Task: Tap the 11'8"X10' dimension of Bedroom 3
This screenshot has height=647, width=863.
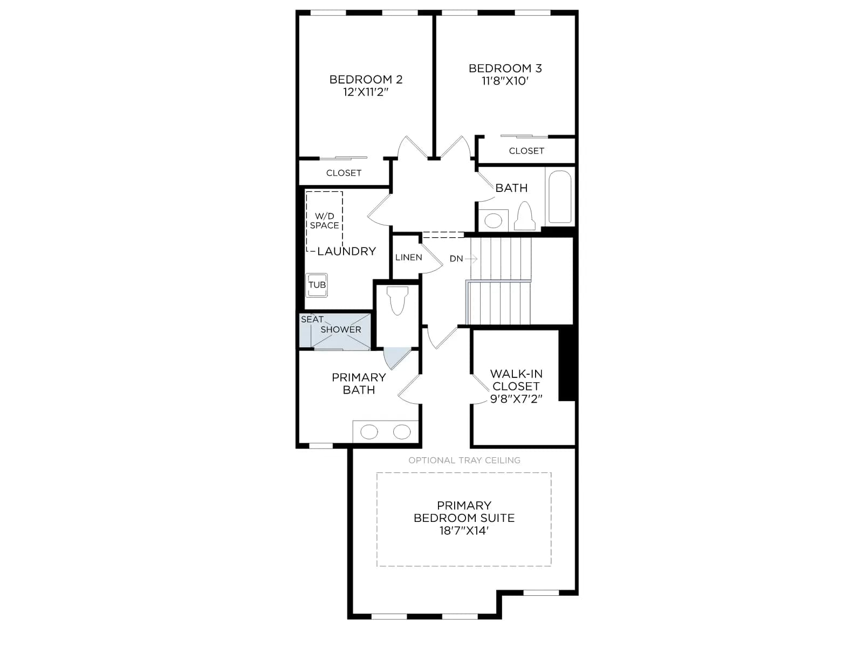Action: click(505, 81)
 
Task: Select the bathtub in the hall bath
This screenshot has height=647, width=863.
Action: click(559, 196)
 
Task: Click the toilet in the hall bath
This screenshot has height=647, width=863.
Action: click(525, 216)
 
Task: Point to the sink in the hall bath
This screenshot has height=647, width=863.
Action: click(493, 221)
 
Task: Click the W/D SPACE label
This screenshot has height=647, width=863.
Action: click(324, 221)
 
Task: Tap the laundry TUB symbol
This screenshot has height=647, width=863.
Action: click(317, 285)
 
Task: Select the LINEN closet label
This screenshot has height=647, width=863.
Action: click(408, 257)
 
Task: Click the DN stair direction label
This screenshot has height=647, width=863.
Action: click(456, 259)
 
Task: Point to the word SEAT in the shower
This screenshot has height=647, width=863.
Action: click(312, 319)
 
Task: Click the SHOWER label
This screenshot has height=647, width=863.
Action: click(340, 329)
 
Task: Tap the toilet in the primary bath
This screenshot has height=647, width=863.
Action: click(398, 301)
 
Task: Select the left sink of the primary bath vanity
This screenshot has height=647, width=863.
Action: click(369, 432)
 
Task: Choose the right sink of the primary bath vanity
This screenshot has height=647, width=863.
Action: click(401, 432)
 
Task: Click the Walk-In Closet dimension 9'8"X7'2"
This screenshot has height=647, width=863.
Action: click(516, 399)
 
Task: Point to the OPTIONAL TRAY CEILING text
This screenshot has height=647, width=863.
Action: click(464, 460)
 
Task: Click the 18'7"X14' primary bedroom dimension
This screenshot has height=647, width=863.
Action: click(464, 531)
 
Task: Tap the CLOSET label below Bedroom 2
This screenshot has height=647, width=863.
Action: click(344, 173)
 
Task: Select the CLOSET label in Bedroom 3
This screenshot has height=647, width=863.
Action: click(526, 151)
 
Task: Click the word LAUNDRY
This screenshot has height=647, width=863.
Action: click(346, 251)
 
